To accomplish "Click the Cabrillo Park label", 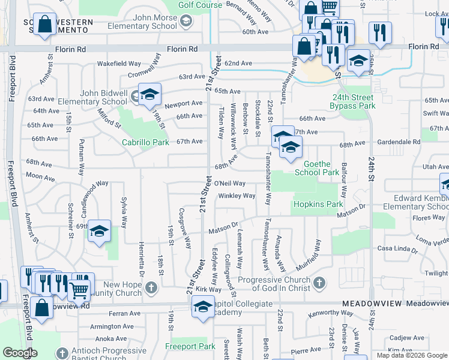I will (145, 143).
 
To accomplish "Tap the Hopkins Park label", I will (318, 205).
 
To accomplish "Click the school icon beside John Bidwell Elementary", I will (149, 95).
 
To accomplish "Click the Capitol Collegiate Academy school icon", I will (203, 308).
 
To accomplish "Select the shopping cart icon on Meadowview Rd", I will (79, 290).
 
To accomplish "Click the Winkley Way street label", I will (237, 196).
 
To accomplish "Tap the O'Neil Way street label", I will (230, 184).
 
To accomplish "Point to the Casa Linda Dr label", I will (396, 248).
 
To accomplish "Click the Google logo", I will (20, 353).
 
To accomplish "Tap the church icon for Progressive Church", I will (320, 282).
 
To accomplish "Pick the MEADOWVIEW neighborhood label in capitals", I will (367, 304).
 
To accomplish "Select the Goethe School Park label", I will (318, 168).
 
